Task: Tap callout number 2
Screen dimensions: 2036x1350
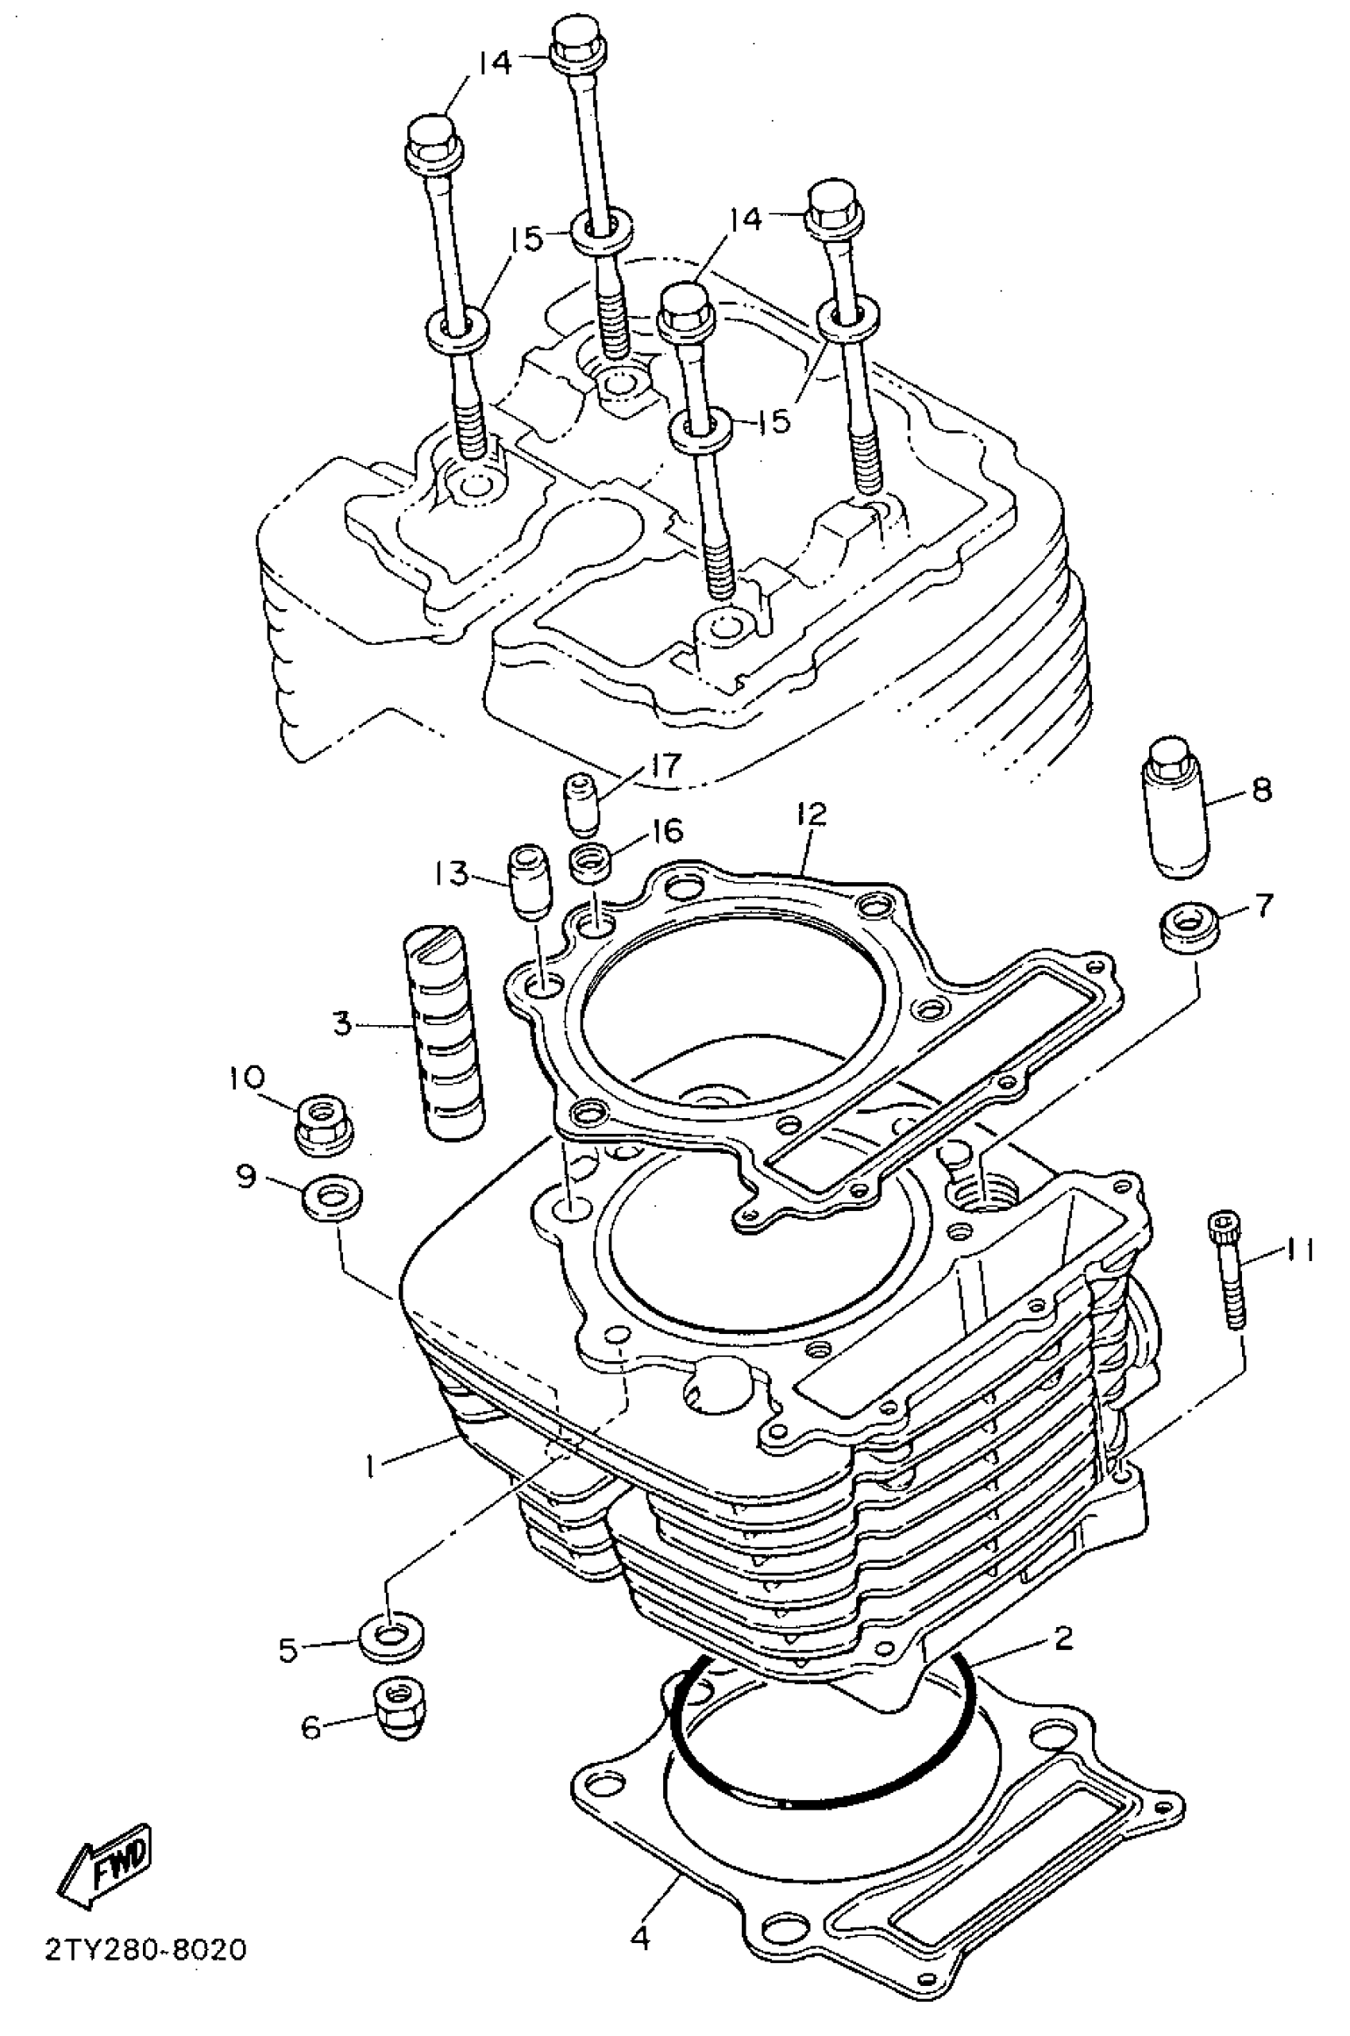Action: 1063,1637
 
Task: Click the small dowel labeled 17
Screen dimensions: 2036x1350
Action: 580,804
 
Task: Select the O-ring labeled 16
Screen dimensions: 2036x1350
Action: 592,861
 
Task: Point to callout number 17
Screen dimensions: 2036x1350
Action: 666,765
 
